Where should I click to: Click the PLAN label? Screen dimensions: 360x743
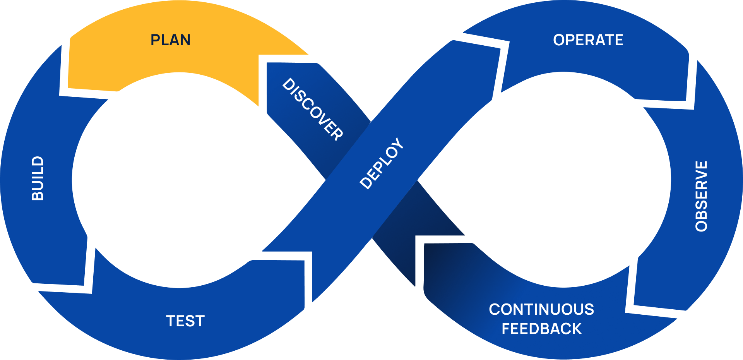point(170,40)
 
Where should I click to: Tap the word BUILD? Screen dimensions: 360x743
point(38,178)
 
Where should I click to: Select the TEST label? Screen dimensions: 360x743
point(185,321)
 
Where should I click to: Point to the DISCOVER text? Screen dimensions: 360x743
point(313,109)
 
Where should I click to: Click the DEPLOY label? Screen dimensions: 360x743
point(382,163)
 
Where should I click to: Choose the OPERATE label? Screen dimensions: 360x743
point(588,40)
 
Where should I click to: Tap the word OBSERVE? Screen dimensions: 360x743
point(701,196)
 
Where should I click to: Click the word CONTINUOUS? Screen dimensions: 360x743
point(541,309)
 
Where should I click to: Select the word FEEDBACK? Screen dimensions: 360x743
point(541,329)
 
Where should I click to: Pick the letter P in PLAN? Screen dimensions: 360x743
point(155,40)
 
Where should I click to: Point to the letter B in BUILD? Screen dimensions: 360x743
point(38,195)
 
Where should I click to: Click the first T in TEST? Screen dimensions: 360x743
point(171,321)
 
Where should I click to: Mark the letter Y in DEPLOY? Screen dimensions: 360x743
point(398,144)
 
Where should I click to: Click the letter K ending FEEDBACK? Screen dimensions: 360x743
point(576,329)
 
